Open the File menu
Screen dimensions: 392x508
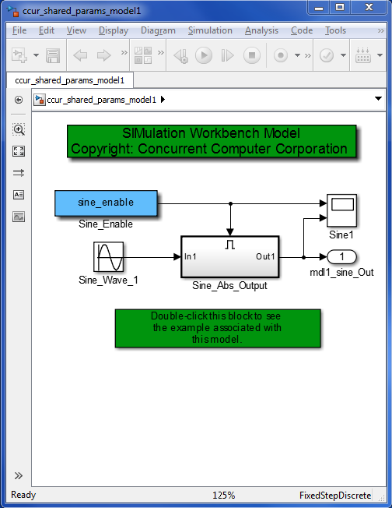click(19, 30)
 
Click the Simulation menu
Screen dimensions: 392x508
click(210, 30)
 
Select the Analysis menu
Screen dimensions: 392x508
click(261, 30)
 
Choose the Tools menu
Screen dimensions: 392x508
click(335, 30)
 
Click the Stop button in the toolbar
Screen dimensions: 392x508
click(252, 55)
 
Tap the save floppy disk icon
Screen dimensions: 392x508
click(53, 55)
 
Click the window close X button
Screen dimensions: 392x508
click(369, 7)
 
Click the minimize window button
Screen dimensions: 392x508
click(319, 7)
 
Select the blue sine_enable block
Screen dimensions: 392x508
click(106, 203)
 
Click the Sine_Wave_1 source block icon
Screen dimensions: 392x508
click(108, 257)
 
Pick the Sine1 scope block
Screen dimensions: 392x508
click(342, 210)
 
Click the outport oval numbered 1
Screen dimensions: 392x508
click(342, 257)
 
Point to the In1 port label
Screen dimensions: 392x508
click(191, 256)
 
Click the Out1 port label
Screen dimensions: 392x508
click(265, 256)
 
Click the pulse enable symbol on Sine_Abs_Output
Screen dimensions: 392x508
click(230, 245)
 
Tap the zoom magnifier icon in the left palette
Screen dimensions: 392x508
click(19, 129)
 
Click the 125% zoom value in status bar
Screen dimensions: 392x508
click(223, 495)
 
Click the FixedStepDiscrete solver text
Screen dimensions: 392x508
click(335, 496)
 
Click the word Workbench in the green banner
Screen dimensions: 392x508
click(225, 133)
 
